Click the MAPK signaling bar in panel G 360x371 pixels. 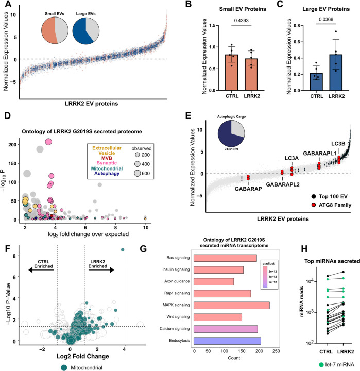pyautogui.click(x=232, y=306)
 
